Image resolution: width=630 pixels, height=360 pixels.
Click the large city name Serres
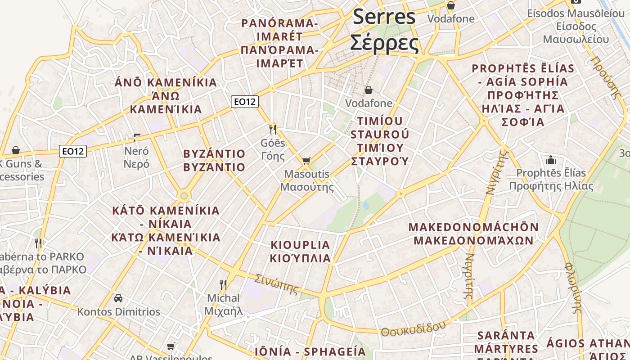(384, 17)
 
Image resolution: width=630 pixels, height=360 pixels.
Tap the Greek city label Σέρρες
(384, 43)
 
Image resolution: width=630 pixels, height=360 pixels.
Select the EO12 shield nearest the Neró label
(73, 151)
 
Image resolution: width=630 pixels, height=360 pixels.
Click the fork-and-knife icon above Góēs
(272, 130)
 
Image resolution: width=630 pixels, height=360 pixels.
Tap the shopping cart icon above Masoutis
(306, 161)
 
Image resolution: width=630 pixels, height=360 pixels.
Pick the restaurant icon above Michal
(223, 284)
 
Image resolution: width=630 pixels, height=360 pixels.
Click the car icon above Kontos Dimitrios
(118, 298)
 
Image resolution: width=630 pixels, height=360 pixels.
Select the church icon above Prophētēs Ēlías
(551, 160)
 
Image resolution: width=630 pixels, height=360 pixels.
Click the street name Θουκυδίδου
(413, 329)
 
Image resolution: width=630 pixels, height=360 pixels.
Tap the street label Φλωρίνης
(574, 288)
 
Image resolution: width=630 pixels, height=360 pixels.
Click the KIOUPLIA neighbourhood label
(300, 245)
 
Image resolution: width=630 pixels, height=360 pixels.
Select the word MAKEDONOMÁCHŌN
(473, 227)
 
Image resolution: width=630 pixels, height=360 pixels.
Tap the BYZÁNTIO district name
(214, 154)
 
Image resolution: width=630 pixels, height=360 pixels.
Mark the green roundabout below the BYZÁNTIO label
(183, 196)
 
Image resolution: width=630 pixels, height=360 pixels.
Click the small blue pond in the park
(365, 206)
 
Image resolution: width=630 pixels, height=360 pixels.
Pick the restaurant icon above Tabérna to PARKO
(38, 243)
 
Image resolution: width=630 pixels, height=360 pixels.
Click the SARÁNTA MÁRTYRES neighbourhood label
(506, 342)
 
